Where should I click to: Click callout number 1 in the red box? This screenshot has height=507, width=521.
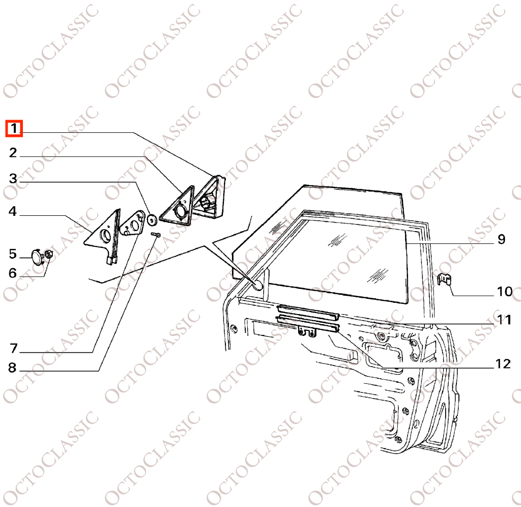(x=14, y=128)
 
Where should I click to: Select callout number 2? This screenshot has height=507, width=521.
(x=13, y=153)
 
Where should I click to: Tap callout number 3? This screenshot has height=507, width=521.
(x=13, y=179)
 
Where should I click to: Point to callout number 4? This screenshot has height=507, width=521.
(x=13, y=211)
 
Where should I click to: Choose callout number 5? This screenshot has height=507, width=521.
(x=13, y=253)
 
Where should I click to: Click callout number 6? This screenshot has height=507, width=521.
(x=13, y=273)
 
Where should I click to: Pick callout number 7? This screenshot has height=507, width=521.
(x=13, y=348)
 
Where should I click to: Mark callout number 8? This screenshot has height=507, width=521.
(x=12, y=368)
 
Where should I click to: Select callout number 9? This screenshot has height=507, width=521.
(x=501, y=239)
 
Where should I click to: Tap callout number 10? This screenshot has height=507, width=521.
(x=505, y=292)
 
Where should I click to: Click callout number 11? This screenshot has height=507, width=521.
(x=504, y=320)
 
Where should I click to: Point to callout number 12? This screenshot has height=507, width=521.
(x=503, y=364)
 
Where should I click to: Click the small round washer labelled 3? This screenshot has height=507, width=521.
(x=153, y=220)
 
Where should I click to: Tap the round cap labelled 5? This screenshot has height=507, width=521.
(x=37, y=257)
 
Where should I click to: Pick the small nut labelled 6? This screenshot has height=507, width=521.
(x=48, y=255)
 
